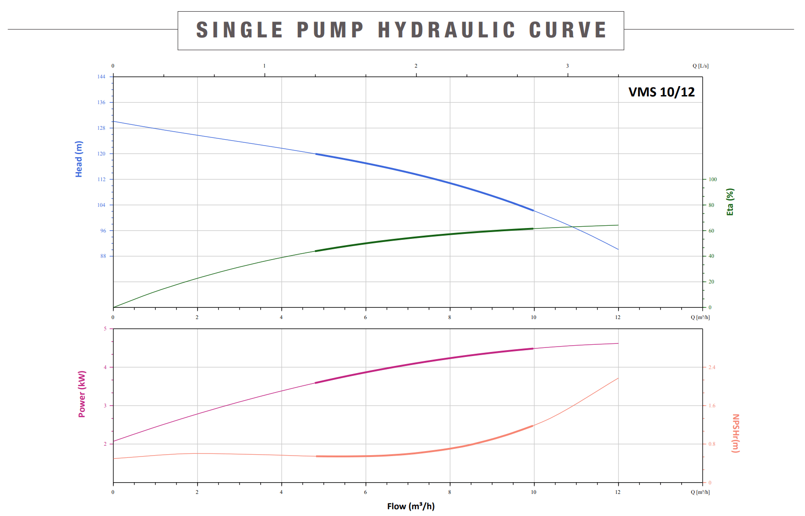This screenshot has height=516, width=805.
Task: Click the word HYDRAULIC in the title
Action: coord(446,30)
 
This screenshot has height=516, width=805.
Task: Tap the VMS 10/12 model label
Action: coord(661,92)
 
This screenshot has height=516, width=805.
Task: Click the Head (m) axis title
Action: coord(79,159)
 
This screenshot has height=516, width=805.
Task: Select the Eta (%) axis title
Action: coord(730,202)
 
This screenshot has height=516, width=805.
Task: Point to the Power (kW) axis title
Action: coord(82,394)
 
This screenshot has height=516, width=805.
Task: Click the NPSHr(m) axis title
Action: coord(735,433)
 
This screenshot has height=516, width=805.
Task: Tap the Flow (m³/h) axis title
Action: coord(411,506)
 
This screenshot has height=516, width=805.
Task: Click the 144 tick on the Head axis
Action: coord(101,77)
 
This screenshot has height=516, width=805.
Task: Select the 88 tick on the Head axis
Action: coord(103,256)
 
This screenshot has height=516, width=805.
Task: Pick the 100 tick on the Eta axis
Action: coord(713,179)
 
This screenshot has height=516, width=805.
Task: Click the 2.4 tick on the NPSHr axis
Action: coord(712,367)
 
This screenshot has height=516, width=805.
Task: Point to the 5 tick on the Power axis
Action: coord(105,329)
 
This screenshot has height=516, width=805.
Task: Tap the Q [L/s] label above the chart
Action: coord(700,66)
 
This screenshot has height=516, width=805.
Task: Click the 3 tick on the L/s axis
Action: coord(567,66)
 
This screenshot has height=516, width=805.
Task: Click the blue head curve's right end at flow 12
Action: coord(618,249)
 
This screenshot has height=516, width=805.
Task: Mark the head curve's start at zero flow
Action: coord(113,121)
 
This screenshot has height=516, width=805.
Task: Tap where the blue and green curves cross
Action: coord(572,227)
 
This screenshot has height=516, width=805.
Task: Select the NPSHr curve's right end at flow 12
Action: coord(618,378)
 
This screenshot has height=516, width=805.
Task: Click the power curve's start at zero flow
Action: coord(113,441)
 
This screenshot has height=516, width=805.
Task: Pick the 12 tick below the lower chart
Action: coord(618,492)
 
